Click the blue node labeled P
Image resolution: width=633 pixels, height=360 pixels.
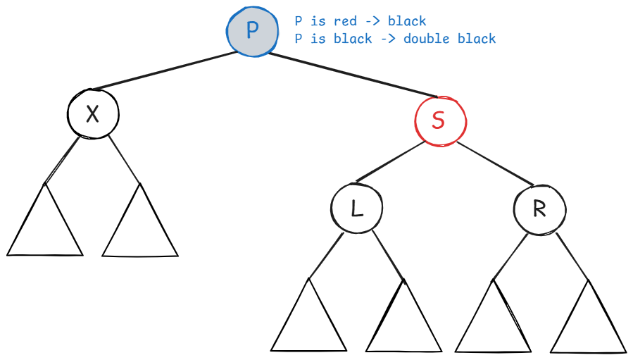[x=252, y=31]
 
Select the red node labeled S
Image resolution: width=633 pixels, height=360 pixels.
[x=440, y=120]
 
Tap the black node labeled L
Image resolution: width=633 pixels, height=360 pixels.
[x=357, y=209]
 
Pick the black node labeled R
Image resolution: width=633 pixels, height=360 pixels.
[x=540, y=209]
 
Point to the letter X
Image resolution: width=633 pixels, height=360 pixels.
[x=92, y=114]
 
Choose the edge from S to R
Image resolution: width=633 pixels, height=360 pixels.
[x=497, y=165]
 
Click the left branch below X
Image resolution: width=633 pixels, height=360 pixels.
[x=62, y=161]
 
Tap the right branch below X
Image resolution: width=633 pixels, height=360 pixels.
[x=124, y=161]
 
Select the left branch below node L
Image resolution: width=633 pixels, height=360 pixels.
[x=326, y=256]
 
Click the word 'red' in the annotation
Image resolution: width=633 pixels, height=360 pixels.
[x=345, y=22]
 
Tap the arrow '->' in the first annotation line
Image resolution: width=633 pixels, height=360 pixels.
[x=372, y=22]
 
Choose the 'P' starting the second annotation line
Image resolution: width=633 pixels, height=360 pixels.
[x=299, y=39]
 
